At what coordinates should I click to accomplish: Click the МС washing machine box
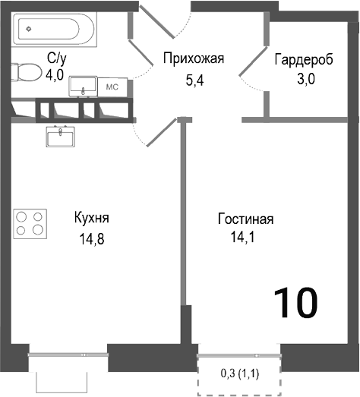coord(112,87)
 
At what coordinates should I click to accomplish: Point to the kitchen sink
coord(60,137)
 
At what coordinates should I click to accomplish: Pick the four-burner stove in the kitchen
coord(30,224)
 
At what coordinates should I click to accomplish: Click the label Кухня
coord(92,218)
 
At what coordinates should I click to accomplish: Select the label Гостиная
coord(245,219)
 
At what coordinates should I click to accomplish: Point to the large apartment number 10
coord(295,303)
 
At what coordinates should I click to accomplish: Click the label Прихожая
coord(194,57)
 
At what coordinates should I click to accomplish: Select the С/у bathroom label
coord(57,57)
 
